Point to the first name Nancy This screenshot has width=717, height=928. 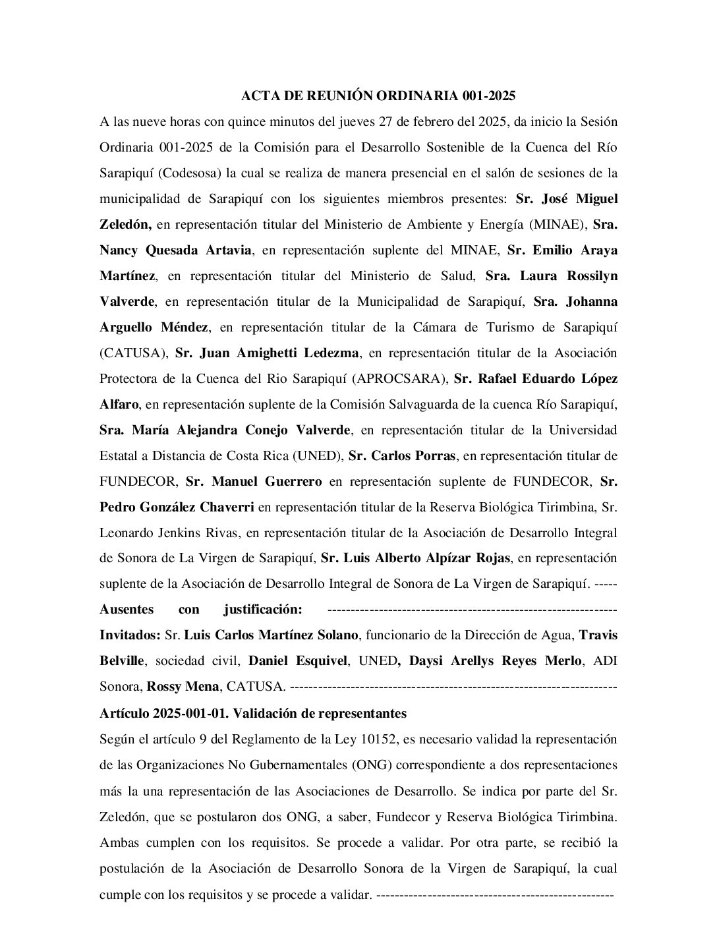(x=121, y=250)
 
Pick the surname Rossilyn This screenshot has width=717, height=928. (x=589, y=276)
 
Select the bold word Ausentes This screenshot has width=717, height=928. (x=127, y=609)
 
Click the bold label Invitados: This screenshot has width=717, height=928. (x=130, y=635)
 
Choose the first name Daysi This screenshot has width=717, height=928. (x=426, y=661)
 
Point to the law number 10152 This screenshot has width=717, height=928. (x=378, y=739)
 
